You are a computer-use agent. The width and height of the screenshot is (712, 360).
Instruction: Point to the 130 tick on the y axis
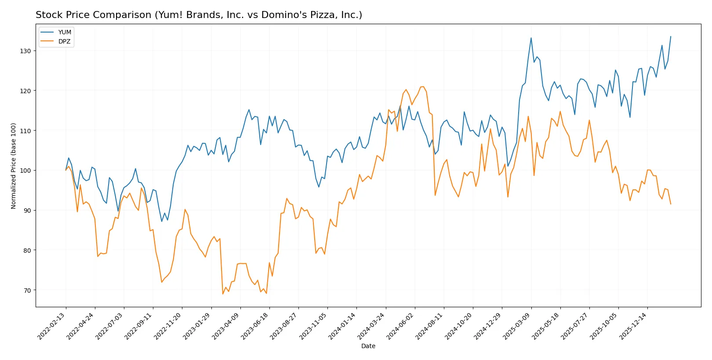25,51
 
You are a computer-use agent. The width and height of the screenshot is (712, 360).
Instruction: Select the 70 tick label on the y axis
27,291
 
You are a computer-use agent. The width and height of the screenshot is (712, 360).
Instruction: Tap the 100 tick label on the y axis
25,171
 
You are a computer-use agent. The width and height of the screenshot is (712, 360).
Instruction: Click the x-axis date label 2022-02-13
52,326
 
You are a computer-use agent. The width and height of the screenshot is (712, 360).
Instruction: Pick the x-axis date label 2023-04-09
226,326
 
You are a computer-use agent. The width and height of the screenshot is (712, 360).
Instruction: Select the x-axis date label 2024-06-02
401,326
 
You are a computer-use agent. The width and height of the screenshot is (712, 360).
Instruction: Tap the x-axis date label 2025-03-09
517,326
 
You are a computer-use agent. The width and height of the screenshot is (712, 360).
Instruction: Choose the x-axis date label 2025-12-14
633,326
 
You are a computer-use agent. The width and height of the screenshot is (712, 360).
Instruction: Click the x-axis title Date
368,346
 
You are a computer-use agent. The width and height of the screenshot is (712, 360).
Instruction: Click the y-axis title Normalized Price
14,166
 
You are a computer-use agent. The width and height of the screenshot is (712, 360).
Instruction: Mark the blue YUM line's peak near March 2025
531,38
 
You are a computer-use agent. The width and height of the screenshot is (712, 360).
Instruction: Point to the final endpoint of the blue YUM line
671,36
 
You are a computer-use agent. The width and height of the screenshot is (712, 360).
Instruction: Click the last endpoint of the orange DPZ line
671,204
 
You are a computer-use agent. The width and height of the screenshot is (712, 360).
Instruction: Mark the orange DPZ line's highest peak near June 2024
423,87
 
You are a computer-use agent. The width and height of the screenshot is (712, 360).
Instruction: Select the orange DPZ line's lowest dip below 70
223,294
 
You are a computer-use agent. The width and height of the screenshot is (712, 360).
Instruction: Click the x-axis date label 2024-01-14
343,326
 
